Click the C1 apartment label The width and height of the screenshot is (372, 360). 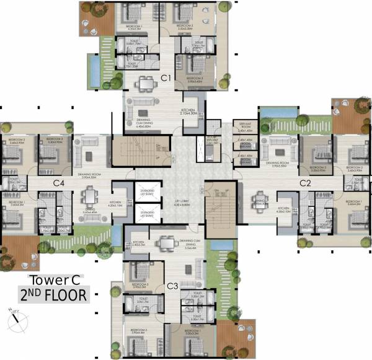point(166,78)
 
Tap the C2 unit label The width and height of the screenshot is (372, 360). point(305,183)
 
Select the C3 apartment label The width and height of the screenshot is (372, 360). point(173,286)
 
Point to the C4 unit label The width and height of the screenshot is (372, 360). point(59,183)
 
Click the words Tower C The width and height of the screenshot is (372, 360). point(55,279)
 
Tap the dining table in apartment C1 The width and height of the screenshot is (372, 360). point(146,84)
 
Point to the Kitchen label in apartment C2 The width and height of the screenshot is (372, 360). point(284,209)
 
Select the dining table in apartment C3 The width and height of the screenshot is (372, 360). point(166,243)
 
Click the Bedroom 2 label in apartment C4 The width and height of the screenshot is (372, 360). point(12,141)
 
